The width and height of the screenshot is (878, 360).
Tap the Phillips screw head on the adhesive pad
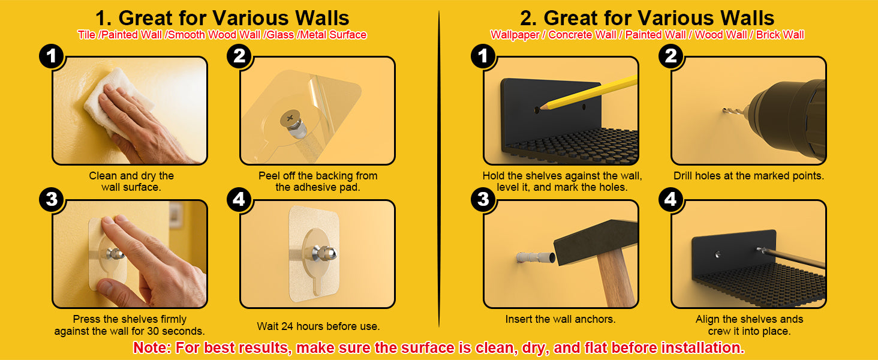click(x=290, y=117)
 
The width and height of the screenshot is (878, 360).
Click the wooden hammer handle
click(x=615, y=277)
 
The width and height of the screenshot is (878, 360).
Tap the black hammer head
click(x=596, y=241)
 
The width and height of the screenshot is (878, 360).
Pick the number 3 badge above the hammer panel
click(x=483, y=199)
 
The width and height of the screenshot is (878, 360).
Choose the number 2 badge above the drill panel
click(x=670, y=56)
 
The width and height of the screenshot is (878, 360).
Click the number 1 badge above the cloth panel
click(x=52, y=56)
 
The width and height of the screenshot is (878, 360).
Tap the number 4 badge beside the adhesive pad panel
click(x=239, y=199)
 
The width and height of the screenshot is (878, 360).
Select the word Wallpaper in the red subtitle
click(x=515, y=35)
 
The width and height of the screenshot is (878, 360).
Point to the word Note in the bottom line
click(x=152, y=348)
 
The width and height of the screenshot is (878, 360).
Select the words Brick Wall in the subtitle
click(x=780, y=35)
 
